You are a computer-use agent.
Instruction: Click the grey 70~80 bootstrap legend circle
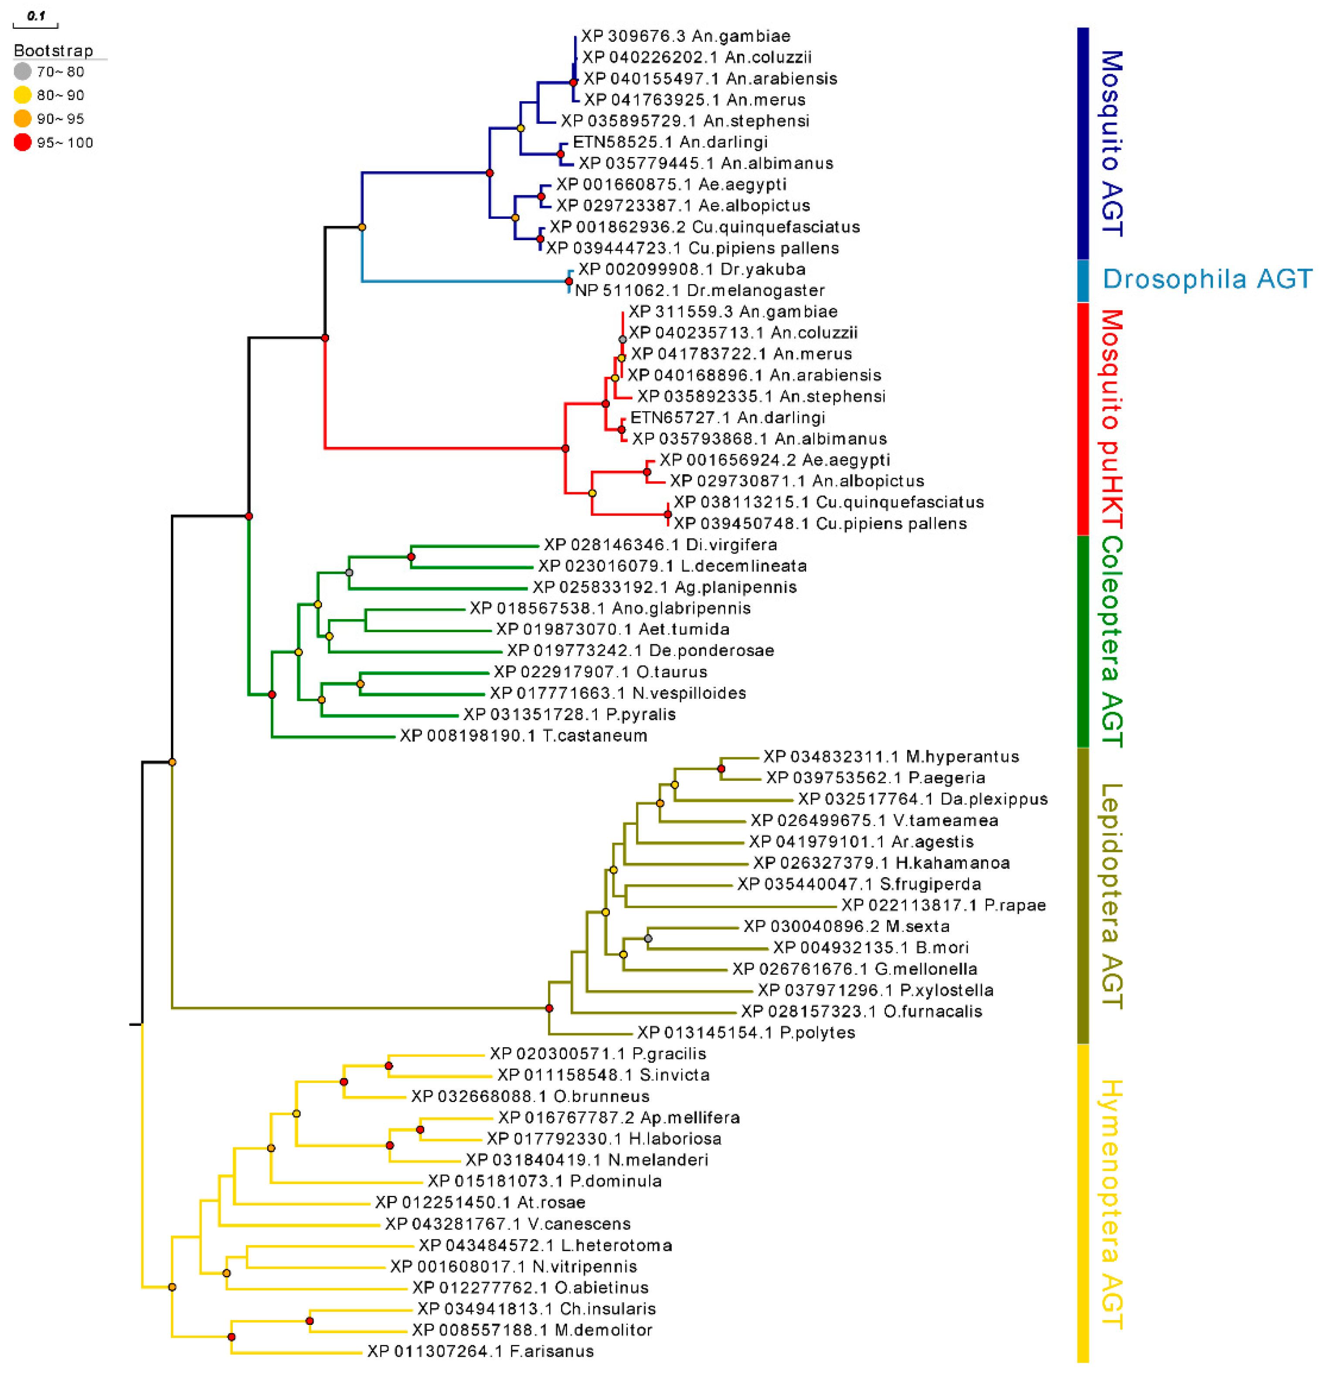(22, 71)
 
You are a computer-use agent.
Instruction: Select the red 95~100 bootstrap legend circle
(22, 143)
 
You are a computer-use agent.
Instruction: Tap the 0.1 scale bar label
(36, 15)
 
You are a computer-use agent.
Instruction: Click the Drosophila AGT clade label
(1206, 279)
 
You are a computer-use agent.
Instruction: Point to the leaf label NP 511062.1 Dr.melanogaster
(699, 290)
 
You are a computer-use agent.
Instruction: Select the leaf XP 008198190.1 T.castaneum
(523, 735)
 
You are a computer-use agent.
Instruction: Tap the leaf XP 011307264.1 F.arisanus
(480, 1351)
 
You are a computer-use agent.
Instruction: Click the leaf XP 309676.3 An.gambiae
(685, 36)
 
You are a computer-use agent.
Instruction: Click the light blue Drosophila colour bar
(1082, 281)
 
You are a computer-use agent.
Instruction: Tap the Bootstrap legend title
(53, 51)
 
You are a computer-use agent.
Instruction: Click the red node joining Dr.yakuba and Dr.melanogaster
(569, 281)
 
